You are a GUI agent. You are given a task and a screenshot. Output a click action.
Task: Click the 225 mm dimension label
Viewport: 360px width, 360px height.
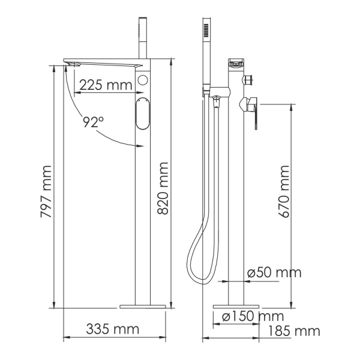pyautogui.click(x=106, y=85)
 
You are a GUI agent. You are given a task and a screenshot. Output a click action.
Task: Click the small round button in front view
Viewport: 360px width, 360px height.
pyautogui.click(x=142, y=80)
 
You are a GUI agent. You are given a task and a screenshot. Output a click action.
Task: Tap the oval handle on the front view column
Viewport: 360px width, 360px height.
pyautogui.click(x=142, y=114)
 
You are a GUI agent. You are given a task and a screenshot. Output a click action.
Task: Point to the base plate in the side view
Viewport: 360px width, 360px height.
pyautogui.click(x=236, y=306)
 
